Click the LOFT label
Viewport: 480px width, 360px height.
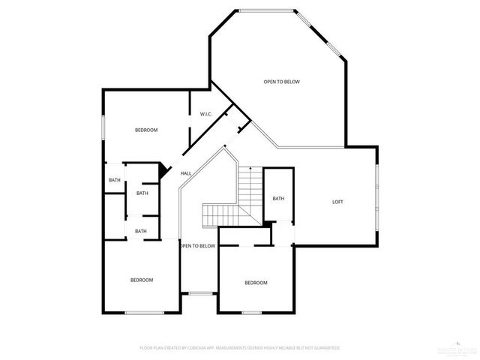click(337, 202)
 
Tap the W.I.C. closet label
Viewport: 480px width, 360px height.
click(205, 114)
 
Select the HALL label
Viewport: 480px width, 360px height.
click(185, 173)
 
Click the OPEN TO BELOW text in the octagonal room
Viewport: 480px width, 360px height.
click(281, 82)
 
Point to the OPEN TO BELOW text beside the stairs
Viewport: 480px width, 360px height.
click(197, 246)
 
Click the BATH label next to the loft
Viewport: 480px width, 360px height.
click(278, 199)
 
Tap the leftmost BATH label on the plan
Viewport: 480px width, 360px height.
click(114, 180)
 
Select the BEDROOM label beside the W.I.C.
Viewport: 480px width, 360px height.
click(146, 130)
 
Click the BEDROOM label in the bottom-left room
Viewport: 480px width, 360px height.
click(142, 280)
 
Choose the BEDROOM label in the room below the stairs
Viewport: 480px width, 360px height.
click(256, 283)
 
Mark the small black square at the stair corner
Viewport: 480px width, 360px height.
click(266, 223)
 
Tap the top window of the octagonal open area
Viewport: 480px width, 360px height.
click(267, 10)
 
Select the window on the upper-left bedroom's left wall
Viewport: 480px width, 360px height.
click(103, 128)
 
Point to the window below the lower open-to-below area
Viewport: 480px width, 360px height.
click(198, 293)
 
